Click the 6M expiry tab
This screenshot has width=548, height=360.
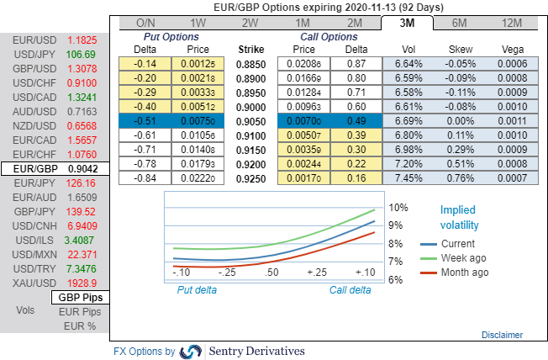pos(460,23)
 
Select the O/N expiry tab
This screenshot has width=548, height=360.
pos(145,23)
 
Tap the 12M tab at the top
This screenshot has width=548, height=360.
pos(513,23)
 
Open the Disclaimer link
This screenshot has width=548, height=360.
pos(502,335)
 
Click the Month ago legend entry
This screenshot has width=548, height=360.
pos(464,273)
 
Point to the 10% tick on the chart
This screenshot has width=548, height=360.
pos(398,207)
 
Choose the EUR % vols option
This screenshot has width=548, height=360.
pos(80,325)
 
